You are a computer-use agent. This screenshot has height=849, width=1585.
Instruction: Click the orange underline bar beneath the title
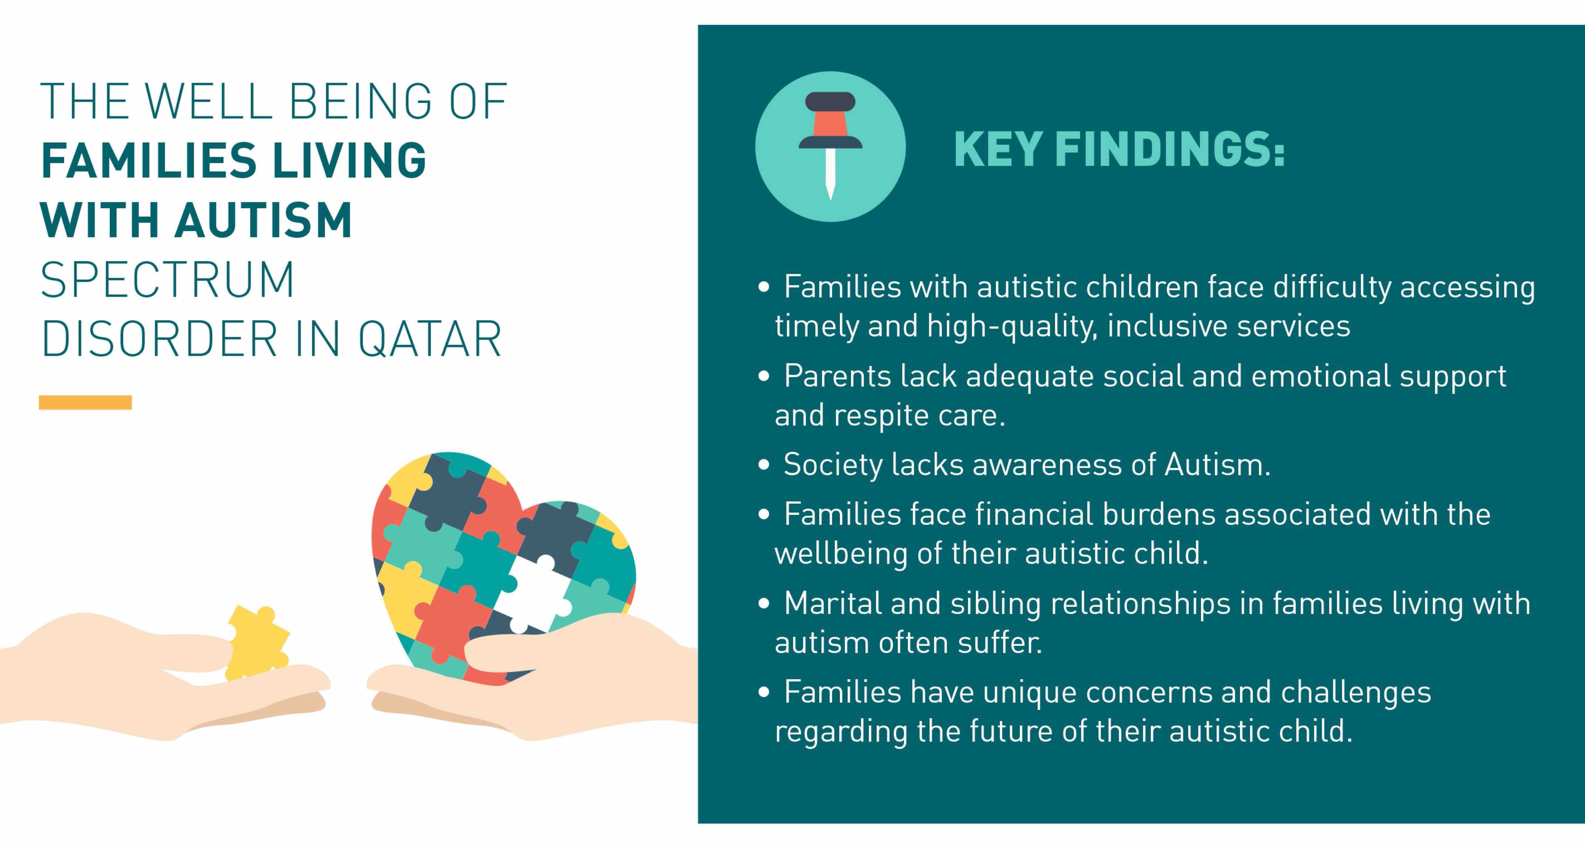tap(85, 402)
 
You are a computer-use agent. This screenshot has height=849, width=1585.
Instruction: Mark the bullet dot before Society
tap(764, 465)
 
